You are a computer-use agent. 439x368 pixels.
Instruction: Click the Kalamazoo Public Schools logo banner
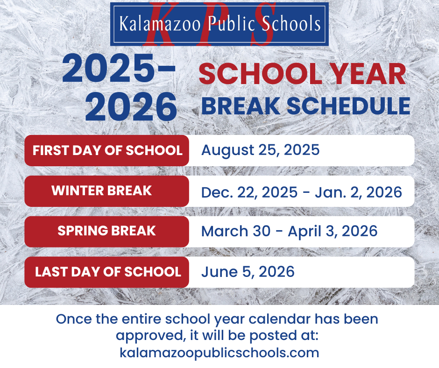[219, 24]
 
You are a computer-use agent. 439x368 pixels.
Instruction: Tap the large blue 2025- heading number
[119, 69]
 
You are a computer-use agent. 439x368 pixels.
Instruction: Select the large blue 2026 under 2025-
[131, 107]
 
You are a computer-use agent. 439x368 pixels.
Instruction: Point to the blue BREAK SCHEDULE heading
[306, 106]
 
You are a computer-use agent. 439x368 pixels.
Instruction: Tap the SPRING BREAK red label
[106, 231]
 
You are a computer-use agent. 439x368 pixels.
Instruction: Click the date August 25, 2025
[261, 150]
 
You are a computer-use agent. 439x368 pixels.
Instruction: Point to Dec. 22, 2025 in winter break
[249, 193]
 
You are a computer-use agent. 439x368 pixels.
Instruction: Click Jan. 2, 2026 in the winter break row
[358, 193]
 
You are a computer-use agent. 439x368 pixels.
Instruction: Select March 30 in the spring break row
[236, 231]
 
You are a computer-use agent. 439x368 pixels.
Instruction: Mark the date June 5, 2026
[248, 272]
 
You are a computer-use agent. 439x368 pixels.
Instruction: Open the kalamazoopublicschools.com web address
[219, 353]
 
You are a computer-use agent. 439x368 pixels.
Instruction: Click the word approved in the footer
[151, 336]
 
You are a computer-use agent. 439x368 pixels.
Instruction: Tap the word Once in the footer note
[74, 319]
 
